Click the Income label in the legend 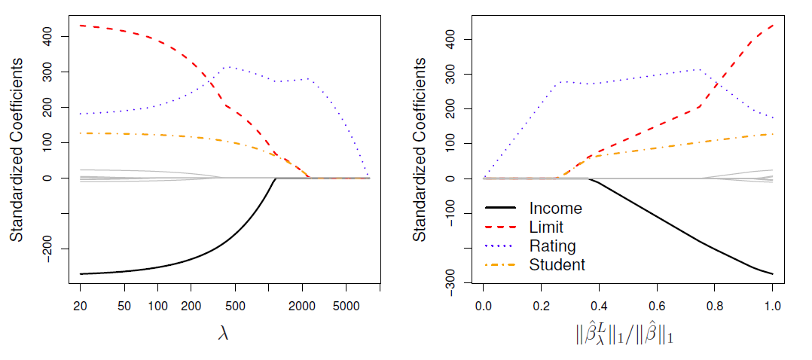click(556, 209)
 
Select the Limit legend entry click(547, 227)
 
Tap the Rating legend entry click(552, 246)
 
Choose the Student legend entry click(557, 265)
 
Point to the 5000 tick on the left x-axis click(346, 307)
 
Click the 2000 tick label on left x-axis click(302, 307)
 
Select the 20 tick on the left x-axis click(80, 307)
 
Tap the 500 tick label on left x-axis click(235, 307)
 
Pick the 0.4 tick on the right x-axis click(599, 307)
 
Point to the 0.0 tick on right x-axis click(484, 307)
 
